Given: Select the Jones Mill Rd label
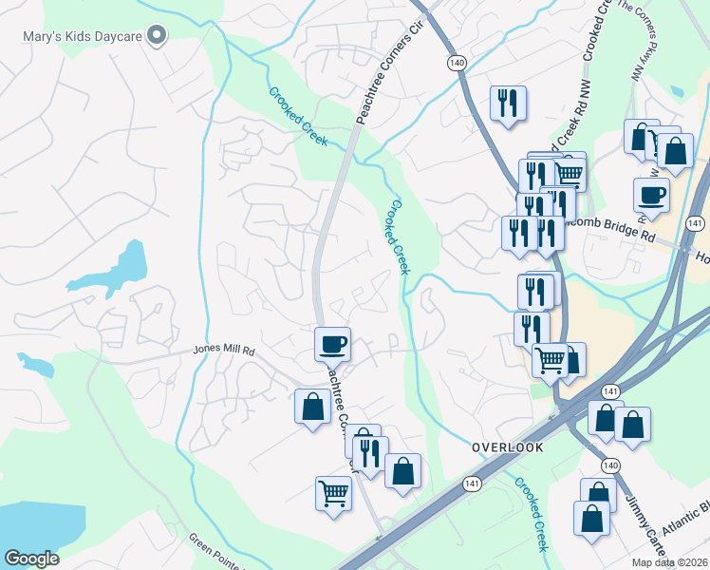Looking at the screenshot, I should [225, 350].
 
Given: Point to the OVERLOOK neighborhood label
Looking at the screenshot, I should [507, 446].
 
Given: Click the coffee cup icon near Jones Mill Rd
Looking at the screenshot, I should [332, 343].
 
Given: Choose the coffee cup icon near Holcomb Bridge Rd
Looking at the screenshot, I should [651, 195].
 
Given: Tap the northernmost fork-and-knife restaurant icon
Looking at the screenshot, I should [508, 102].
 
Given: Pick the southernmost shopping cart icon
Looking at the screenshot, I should [333, 493].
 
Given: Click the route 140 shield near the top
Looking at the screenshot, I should [457, 61].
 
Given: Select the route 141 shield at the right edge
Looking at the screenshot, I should [695, 223].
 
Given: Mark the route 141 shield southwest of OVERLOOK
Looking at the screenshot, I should [472, 484].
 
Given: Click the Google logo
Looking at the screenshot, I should [30, 559].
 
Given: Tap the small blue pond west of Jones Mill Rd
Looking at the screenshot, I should [34, 363].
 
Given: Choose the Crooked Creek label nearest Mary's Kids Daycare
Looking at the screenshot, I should [298, 116].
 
